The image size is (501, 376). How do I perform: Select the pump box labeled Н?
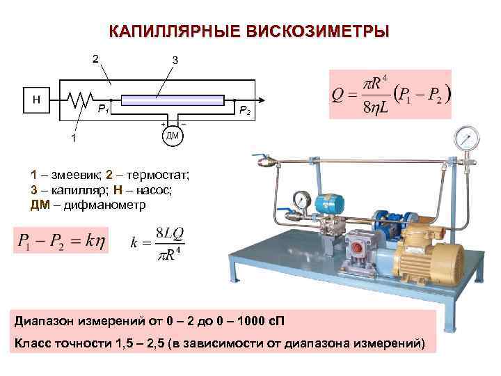[x=36, y=100]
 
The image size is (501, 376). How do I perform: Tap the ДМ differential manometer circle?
[x=173, y=135]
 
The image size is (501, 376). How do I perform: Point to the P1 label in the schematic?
[x=102, y=109]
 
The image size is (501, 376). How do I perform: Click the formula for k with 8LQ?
[x=156, y=243]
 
